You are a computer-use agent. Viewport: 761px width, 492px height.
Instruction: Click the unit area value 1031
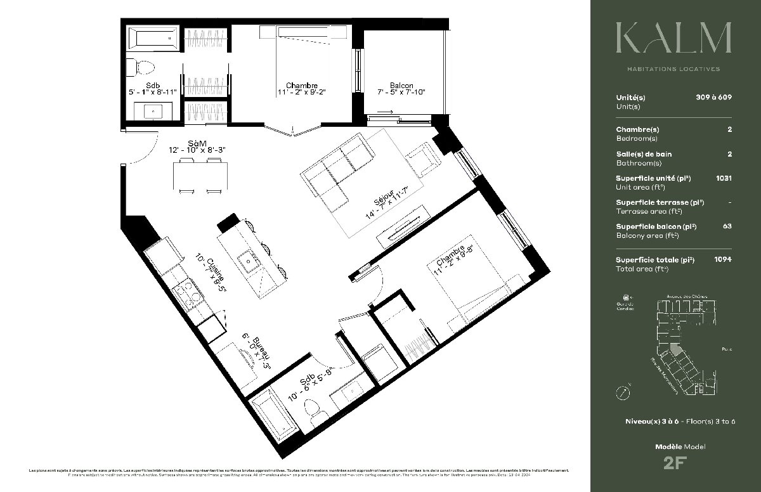[723, 178]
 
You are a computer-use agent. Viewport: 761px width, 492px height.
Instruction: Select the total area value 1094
[722, 259]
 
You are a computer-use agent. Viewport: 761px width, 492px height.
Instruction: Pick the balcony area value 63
[727, 226]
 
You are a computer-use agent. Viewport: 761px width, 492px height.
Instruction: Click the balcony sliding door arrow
[387, 113]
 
